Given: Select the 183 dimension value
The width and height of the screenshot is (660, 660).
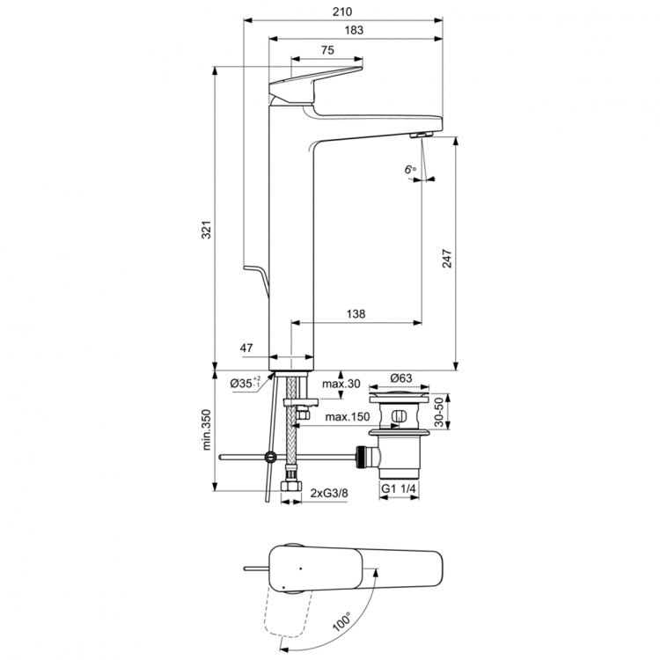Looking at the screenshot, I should pyautogui.click(x=355, y=31).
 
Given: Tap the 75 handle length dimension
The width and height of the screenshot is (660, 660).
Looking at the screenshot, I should pyautogui.click(x=326, y=51).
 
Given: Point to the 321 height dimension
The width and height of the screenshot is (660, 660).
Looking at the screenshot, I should pyautogui.click(x=205, y=231).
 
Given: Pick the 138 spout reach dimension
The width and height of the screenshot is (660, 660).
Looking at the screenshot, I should pyautogui.click(x=356, y=314).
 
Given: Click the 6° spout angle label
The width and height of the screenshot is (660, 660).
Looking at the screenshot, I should pyautogui.click(x=409, y=170).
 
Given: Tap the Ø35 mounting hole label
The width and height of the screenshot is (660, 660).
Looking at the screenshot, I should pyautogui.click(x=244, y=383).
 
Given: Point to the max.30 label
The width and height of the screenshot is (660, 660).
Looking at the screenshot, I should pyautogui.click(x=339, y=384).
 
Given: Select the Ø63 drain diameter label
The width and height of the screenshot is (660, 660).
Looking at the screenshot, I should pyautogui.click(x=401, y=378).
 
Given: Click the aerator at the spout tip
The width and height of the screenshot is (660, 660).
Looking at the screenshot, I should pyautogui.click(x=419, y=134).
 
